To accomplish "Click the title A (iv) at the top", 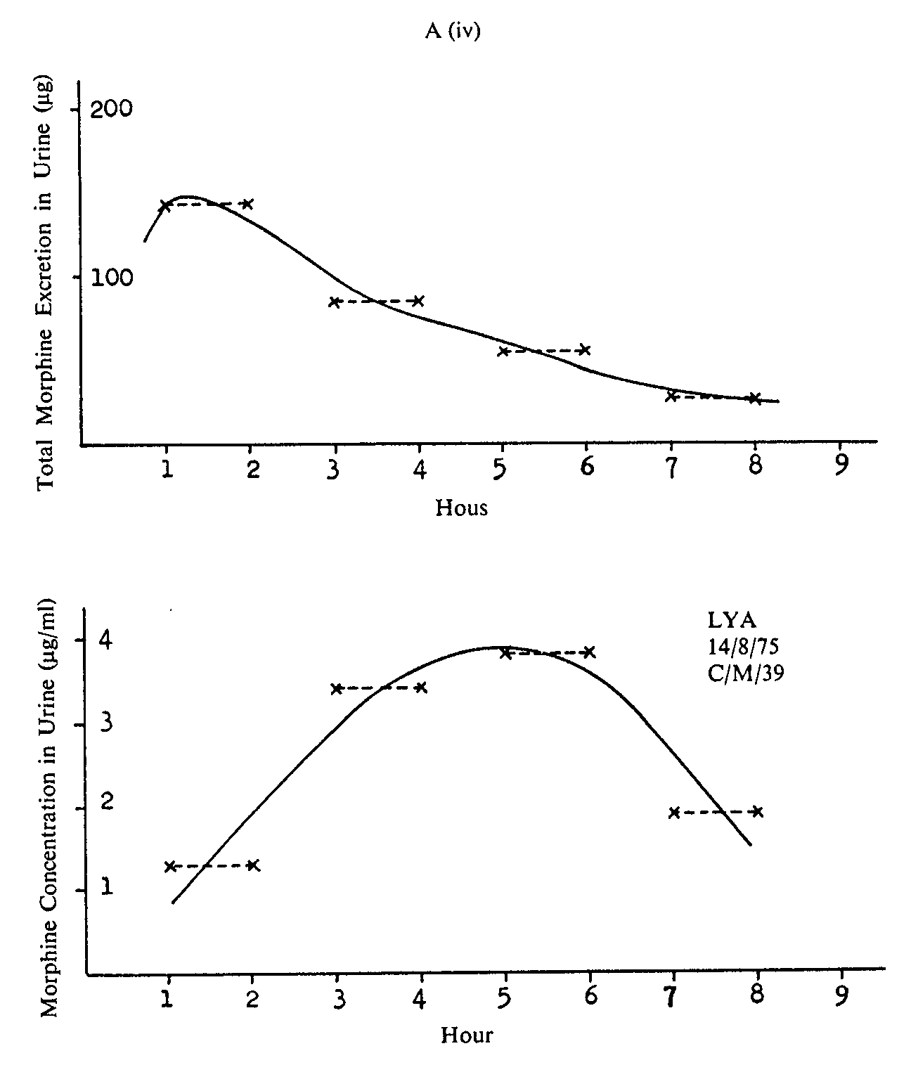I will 453,32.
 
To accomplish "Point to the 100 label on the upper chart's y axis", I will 111,278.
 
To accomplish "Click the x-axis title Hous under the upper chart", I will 461,508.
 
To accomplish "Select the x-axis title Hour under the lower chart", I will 467,1035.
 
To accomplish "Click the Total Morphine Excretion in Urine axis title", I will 47,287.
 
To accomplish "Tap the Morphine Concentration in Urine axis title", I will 49,808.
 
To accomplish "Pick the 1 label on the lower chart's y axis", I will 106,887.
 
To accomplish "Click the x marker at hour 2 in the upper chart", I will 247,204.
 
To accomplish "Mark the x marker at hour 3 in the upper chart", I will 335,302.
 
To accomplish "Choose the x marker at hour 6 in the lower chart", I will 589,652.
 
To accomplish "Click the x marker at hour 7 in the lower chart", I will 673,813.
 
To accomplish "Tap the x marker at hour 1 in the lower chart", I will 169,866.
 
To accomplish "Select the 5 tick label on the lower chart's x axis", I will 504,999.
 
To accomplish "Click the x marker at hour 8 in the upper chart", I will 754,399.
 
